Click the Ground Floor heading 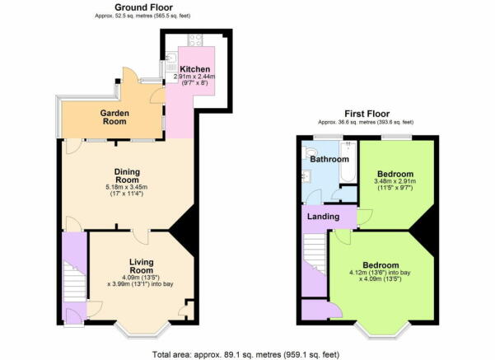[143, 7]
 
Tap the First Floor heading [367, 114]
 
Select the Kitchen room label [194, 69]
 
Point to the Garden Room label [114, 117]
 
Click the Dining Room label [127, 175]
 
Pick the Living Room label [142, 266]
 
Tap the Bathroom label [329, 159]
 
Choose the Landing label [323, 217]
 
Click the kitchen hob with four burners [195, 40]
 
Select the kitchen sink [170, 58]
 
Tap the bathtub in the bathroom [348, 161]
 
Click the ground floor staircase [74, 281]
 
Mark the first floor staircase [315, 253]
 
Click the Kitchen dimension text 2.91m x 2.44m [194, 77]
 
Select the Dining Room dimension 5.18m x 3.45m [127, 187]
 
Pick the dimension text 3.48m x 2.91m [395, 181]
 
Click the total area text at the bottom [246, 354]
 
